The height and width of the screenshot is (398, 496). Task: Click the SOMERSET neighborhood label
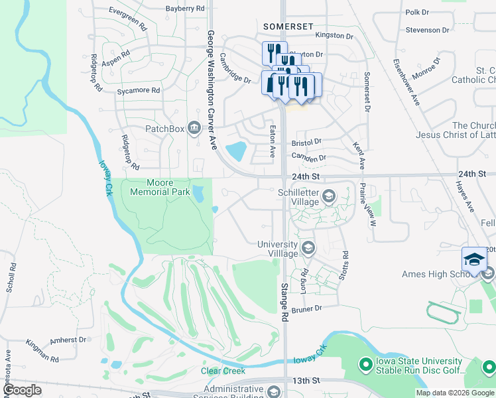pos(288,26)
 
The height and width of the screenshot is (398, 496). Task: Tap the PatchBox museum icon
pos(194,127)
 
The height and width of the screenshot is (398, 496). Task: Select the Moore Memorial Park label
pos(160,187)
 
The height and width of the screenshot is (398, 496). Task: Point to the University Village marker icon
pos(308,248)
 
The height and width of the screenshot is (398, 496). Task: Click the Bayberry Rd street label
pos(185,9)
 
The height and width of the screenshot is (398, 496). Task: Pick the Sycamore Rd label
pos(139,90)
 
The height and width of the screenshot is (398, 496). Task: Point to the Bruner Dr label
pos(306,308)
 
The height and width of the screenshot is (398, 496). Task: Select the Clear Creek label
pos(223,371)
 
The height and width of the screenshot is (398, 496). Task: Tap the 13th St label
pos(306,380)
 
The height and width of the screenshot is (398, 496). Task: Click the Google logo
pos(23,390)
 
